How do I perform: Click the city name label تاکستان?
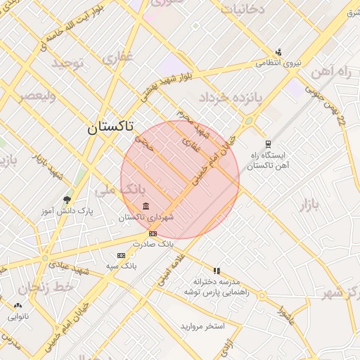click(x=109, y=127)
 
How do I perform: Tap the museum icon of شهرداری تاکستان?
click(x=146, y=206)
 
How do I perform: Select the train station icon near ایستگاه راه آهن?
click(x=268, y=143)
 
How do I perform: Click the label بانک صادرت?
click(x=155, y=243)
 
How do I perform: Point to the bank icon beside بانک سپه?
click(x=121, y=255)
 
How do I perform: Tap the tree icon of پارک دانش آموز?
click(x=67, y=200)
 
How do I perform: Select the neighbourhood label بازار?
click(x=309, y=205)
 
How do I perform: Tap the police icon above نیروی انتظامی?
click(x=279, y=51)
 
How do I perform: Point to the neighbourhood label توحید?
click(x=66, y=64)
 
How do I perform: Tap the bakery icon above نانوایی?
click(x=18, y=305)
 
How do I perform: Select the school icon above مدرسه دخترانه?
click(x=217, y=271)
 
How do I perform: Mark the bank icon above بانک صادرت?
click(x=153, y=233)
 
